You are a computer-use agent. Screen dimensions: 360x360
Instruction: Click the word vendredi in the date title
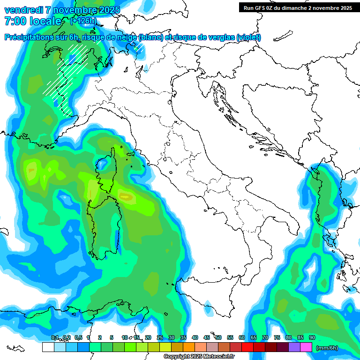[x=22, y=10]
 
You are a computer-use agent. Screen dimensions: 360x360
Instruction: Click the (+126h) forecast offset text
[x=83, y=21]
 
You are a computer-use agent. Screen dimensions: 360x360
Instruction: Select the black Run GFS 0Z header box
[x=298, y=7]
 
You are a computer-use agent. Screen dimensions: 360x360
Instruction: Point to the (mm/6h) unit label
[x=327, y=347]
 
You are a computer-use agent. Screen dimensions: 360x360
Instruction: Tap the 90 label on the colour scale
[x=312, y=337]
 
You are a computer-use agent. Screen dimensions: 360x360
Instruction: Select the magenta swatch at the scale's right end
[x=306, y=347]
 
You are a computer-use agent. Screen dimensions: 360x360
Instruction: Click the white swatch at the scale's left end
[x=48, y=347]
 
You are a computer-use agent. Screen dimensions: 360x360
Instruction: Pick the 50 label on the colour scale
[x=218, y=337]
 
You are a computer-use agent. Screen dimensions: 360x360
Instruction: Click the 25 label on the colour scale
[x=159, y=337]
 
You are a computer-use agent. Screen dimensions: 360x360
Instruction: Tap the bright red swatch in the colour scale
[x=247, y=347]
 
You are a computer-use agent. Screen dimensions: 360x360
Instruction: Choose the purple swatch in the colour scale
[x=294, y=347]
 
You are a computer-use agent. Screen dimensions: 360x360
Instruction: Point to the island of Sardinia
[x=104, y=225]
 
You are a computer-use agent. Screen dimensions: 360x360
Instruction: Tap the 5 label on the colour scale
[x=112, y=337]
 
